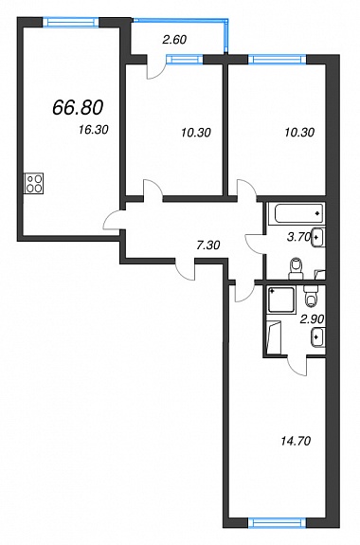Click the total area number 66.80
tap(78, 107)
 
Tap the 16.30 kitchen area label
tap(94, 130)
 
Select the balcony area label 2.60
tap(174, 40)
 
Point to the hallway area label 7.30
tap(207, 245)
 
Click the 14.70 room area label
tap(295, 441)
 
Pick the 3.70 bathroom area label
tap(298, 237)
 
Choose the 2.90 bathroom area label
tap(313, 318)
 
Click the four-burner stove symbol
tap(34, 183)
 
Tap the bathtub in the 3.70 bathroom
tap(298, 213)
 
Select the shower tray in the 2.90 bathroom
tap(281, 300)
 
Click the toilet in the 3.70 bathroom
tap(297, 268)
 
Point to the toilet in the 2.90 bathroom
tap(311, 296)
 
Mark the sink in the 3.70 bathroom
tap(318, 237)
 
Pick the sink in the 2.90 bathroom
tap(318, 336)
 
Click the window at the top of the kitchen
tap(71, 22)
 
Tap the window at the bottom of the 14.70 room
tap(278, 523)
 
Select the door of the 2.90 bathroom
tap(297, 367)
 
